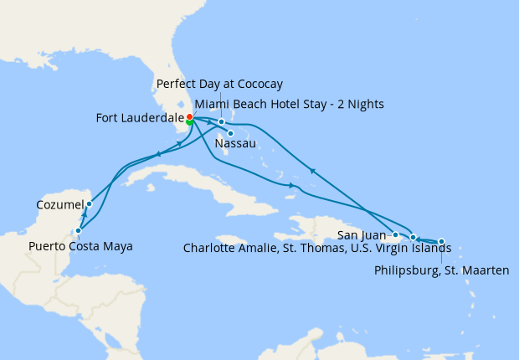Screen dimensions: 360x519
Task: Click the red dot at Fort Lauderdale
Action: (x=190, y=116)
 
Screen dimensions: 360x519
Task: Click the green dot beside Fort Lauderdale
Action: (x=190, y=122)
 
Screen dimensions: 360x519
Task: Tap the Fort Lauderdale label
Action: (x=140, y=119)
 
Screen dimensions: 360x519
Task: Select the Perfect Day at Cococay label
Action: (x=219, y=85)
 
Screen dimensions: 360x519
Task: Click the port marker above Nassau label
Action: (x=230, y=133)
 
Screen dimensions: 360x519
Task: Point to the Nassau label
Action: (x=236, y=145)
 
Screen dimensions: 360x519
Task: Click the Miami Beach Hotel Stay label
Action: (x=288, y=104)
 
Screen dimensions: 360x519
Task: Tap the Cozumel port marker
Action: (x=89, y=203)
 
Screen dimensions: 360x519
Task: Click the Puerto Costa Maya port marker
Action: (x=78, y=230)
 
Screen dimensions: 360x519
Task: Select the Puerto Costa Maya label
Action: (x=80, y=246)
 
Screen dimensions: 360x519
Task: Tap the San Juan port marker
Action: (x=395, y=235)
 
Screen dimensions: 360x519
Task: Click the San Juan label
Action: (x=364, y=234)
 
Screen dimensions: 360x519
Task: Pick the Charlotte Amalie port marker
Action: (x=413, y=238)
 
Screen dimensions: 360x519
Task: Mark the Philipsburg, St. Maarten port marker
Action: (x=441, y=241)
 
